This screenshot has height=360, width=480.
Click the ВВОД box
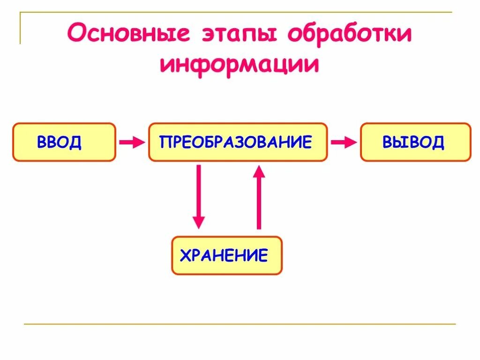(x=64, y=142)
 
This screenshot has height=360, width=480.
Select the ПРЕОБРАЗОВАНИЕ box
(x=238, y=142)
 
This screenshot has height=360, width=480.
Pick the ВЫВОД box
(x=415, y=142)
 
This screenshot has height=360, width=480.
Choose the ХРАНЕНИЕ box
(x=227, y=255)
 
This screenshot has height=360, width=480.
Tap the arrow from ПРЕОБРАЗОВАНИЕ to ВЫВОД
(x=344, y=142)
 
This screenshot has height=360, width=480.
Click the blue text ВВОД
(x=59, y=142)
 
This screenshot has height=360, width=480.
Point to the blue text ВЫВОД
(x=413, y=142)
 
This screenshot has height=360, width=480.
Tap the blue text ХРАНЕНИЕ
(x=224, y=255)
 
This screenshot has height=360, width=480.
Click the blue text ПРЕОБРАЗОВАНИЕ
(x=236, y=142)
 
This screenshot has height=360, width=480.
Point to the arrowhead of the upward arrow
(x=259, y=171)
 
